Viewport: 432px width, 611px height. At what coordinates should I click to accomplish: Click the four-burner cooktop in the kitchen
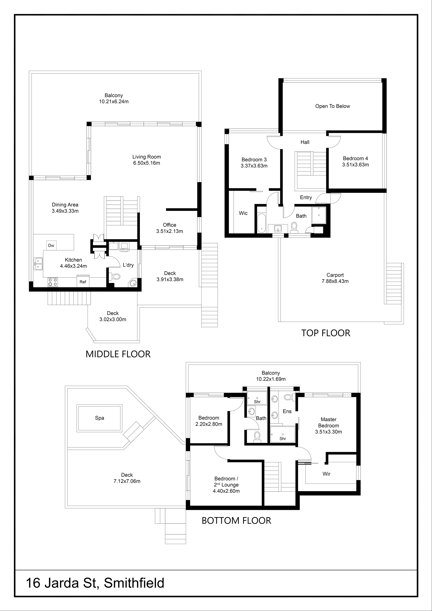pos(53,282)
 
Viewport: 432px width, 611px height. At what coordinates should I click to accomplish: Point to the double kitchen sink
pos(38,263)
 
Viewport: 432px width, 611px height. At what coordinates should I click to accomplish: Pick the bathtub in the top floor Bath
pos(262,223)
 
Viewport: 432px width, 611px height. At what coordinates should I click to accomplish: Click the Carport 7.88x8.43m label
pos(335,278)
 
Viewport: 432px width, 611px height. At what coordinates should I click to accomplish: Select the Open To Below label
pos(332,106)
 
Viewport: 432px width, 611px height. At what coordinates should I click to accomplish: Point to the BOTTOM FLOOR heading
pos(236,521)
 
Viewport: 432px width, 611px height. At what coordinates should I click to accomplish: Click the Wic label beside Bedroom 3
pos(243,213)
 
